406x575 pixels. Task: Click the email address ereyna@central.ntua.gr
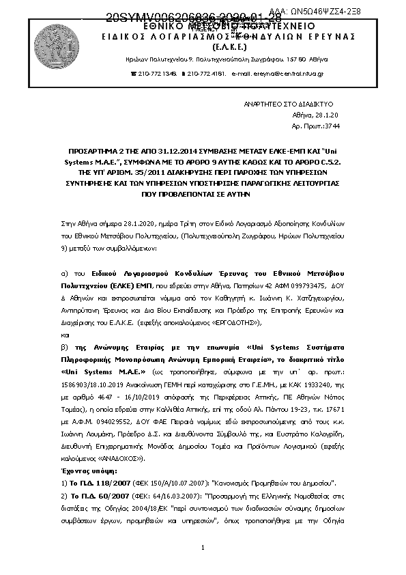tap(287, 73)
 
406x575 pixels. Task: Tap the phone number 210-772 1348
tap(158, 73)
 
